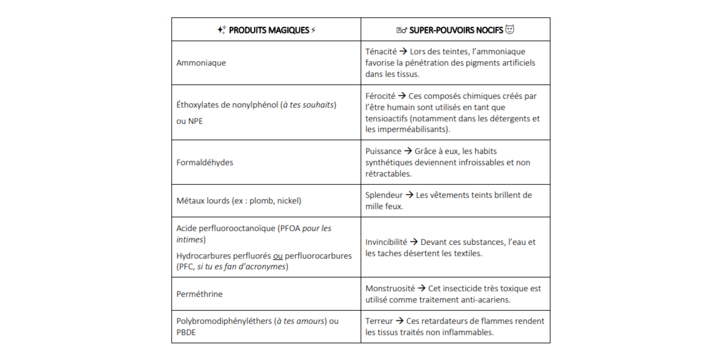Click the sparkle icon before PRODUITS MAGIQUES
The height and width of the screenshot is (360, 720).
pos(221,30)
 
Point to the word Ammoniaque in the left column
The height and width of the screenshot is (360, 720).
pos(201,63)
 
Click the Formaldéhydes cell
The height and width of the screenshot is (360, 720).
pos(205,162)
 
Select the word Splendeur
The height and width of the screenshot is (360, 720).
pos(384,195)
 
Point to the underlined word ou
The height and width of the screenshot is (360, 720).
pos(277,256)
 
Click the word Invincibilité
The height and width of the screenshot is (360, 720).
pos(386,242)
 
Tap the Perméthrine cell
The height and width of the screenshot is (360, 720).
pos(199,294)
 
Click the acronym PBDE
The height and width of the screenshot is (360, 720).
pos(186,332)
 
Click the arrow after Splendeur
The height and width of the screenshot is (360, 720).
pos(409,195)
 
